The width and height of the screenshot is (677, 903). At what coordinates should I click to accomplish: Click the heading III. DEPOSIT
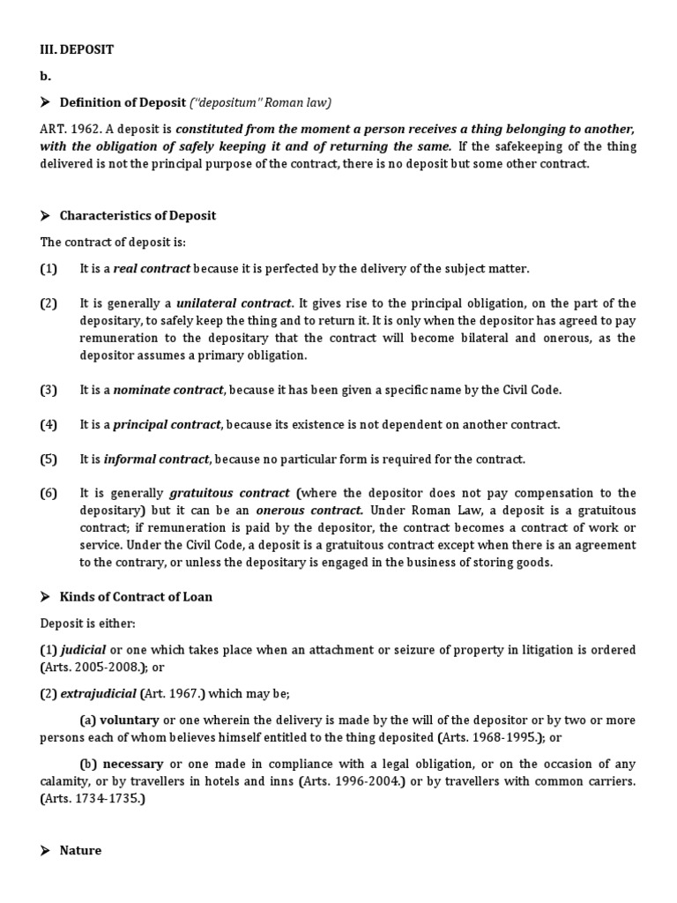[x=77, y=50]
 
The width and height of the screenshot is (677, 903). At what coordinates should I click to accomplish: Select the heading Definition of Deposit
[x=123, y=102]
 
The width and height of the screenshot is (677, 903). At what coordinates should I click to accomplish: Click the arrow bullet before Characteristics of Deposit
[x=46, y=216]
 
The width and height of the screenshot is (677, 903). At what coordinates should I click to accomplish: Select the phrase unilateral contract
[x=234, y=303]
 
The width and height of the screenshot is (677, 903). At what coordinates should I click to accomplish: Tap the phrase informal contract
[x=156, y=459]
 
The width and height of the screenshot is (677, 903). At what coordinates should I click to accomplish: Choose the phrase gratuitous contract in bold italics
[x=229, y=494]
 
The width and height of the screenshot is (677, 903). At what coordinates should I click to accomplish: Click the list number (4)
[x=48, y=425]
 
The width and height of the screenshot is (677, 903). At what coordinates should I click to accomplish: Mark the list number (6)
[x=48, y=494]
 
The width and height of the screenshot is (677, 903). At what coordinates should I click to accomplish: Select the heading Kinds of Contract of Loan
[x=136, y=597]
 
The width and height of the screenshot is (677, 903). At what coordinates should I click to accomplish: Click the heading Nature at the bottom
[x=80, y=851]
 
